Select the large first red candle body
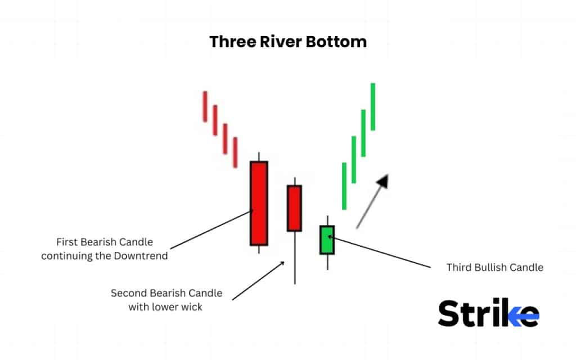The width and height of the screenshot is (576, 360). [259, 203]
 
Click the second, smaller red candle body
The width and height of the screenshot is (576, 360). [294, 208]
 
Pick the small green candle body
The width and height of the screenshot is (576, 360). [327, 240]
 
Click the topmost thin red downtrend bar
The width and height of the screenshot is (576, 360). [205, 106]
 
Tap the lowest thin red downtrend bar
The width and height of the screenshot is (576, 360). [235, 152]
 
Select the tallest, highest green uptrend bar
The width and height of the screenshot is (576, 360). [372, 106]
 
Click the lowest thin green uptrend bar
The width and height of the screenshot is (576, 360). [344, 186]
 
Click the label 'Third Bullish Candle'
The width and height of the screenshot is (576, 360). [495, 267]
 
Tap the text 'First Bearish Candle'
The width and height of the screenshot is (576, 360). [105, 242]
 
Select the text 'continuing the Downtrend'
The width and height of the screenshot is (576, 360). [105, 256]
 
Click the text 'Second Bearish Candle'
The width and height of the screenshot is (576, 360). [166, 293]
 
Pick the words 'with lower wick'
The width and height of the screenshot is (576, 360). [166, 307]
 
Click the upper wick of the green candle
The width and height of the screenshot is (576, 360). [327, 220]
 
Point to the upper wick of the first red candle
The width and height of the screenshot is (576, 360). [259, 156]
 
